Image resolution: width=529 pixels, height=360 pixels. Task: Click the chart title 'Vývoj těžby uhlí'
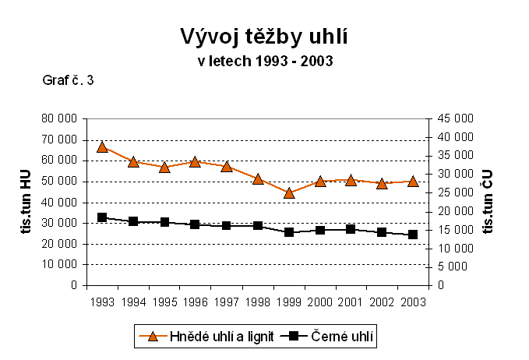tap(264, 37)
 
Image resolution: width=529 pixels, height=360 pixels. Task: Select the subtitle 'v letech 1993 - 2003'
tap(264, 61)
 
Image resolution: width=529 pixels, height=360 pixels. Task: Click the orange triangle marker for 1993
tap(102, 146)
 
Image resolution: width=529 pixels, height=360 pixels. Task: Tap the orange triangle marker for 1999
tap(289, 192)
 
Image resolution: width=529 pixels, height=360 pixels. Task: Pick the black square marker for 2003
tap(413, 235)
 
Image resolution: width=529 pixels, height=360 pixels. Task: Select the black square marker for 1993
tap(102, 217)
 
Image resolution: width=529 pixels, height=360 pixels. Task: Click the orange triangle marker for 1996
tap(196, 161)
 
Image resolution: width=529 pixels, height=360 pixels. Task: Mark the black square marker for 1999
tap(289, 232)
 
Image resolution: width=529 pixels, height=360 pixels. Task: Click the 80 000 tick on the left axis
tap(61, 118)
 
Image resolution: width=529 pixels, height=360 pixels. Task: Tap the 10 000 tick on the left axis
tap(61, 264)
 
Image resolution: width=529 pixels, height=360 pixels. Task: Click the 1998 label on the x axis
tap(257, 302)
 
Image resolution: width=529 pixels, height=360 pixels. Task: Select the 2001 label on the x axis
tap(351, 302)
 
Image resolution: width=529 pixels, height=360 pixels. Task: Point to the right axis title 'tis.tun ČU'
tap(490, 202)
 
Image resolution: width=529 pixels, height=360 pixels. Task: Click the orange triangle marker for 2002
tap(382, 183)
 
